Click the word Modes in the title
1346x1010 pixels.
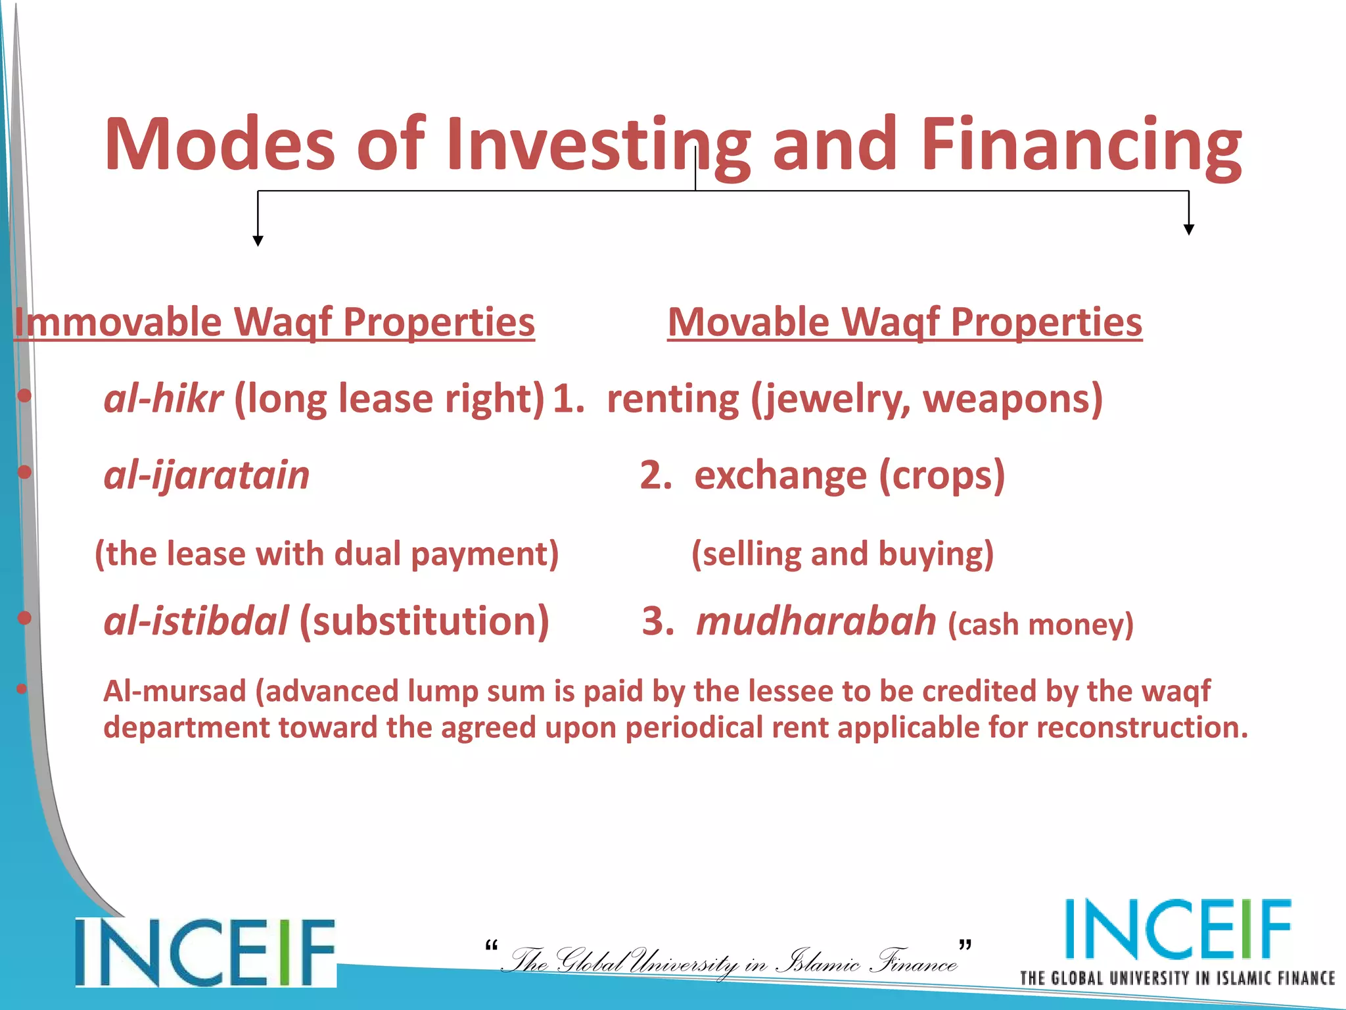[x=220, y=145]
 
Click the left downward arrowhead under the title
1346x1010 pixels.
[x=258, y=241]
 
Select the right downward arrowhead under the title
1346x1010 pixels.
[x=1188, y=229]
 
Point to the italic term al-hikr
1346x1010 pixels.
[x=163, y=398]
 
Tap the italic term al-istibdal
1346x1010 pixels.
[x=196, y=621]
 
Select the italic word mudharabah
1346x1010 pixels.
[x=816, y=621]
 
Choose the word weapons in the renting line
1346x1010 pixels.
[x=1006, y=398]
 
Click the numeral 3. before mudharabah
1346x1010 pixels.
[x=657, y=621]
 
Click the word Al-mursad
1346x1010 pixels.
[x=174, y=692]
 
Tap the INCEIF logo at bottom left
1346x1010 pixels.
[x=205, y=952]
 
